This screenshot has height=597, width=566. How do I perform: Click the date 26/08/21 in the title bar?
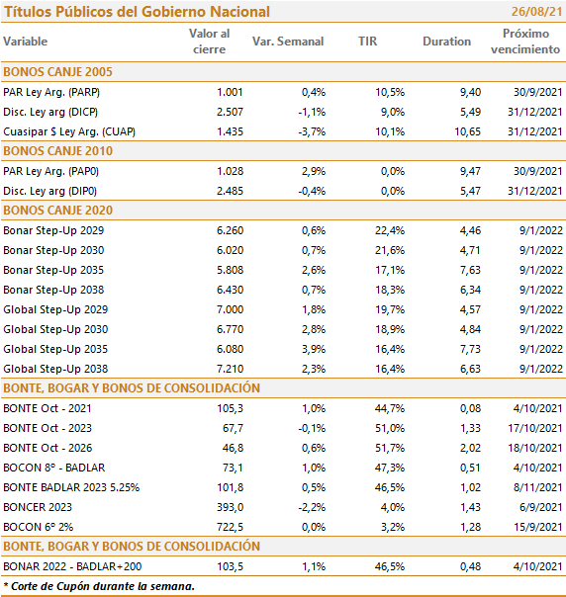pyautogui.click(x=536, y=12)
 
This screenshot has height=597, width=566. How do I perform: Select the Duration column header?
pyautogui.click(x=446, y=42)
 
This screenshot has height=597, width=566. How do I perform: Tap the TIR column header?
pyautogui.click(x=367, y=42)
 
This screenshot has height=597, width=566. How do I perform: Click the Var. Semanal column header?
pyautogui.click(x=288, y=42)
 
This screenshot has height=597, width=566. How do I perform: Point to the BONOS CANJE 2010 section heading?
pyautogui.click(x=58, y=151)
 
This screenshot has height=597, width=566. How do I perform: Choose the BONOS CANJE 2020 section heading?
pyautogui.click(x=58, y=211)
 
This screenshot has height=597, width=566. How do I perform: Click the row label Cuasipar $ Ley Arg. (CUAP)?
pyautogui.click(x=69, y=131)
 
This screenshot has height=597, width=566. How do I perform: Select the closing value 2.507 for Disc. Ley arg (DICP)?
pyautogui.click(x=230, y=112)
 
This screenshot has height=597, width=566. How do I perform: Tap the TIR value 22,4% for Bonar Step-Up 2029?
pyautogui.click(x=390, y=230)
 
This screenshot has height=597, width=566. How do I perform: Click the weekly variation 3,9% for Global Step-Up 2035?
pyautogui.click(x=314, y=349)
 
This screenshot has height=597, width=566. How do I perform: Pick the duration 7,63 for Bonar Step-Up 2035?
pyautogui.click(x=470, y=270)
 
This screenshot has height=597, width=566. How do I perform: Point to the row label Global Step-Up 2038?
pyautogui.click(x=55, y=369)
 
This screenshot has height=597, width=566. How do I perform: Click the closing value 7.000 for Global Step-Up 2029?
pyautogui.click(x=230, y=309)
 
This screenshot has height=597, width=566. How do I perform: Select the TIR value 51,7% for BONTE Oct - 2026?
pyautogui.click(x=390, y=448)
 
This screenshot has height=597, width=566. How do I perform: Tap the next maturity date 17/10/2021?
pyautogui.click(x=535, y=428)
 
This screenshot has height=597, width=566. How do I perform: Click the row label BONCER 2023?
pyautogui.click(x=38, y=507)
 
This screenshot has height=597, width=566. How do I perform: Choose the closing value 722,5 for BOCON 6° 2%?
pyautogui.click(x=230, y=527)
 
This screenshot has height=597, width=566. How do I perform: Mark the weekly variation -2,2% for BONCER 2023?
pyautogui.click(x=312, y=507)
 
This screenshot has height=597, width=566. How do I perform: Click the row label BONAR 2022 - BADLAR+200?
pyautogui.click(x=72, y=566)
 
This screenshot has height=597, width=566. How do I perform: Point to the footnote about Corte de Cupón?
pyautogui.click(x=99, y=586)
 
